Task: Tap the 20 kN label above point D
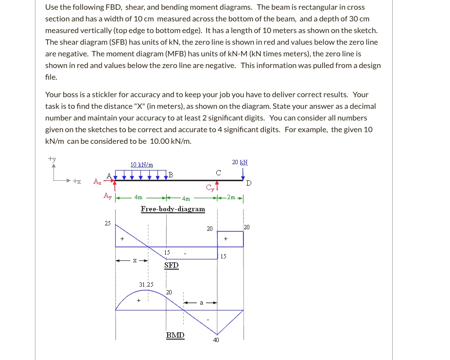(240, 162)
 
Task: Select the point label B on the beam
(170, 174)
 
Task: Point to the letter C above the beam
(218, 172)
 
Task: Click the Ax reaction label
(98, 182)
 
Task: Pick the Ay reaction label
(107, 196)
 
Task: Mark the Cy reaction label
(209, 188)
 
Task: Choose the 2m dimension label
(231, 198)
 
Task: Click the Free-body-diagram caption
(173, 209)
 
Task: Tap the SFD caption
(171, 265)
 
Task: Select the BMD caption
(175, 335)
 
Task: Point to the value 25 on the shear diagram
(107, 223)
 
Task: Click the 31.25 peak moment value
(146, 285)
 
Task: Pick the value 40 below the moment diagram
(216, 340)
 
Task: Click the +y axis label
(52, 158)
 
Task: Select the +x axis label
(77, 181)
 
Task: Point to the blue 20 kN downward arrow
(243, 174)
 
